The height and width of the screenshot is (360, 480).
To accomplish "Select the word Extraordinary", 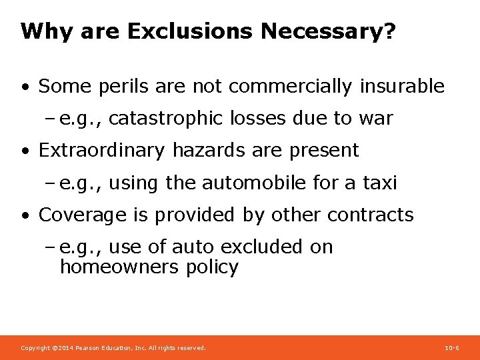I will coord(103,151).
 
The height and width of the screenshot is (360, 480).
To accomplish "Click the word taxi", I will coord(379,183).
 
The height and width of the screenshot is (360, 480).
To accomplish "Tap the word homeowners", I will coord(118,267).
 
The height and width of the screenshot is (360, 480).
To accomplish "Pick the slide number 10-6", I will coord(451,348).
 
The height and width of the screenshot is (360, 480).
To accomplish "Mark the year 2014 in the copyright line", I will coord(65,348).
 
